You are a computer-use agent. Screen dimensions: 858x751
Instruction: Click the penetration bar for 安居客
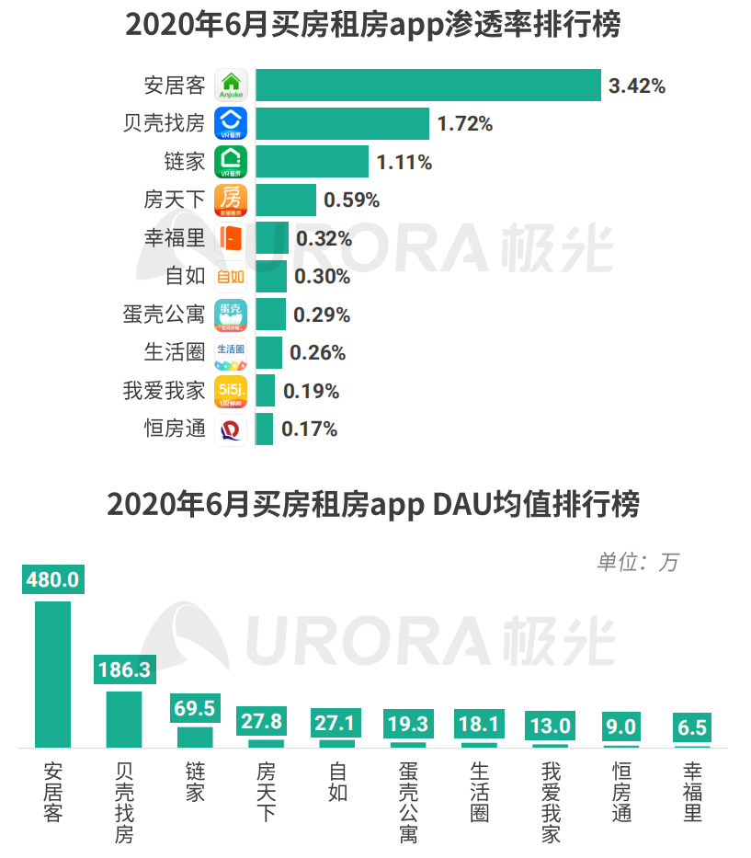427,86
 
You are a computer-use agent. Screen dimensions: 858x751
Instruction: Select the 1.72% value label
465,124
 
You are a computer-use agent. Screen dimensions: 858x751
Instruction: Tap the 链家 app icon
231,162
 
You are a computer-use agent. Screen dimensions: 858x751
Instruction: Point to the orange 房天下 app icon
231,200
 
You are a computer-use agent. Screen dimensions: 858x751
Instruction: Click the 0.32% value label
324,238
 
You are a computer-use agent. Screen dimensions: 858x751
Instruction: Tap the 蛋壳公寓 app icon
231,315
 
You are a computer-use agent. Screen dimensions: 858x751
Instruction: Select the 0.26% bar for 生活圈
268,352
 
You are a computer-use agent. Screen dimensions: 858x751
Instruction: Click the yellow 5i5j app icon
231,391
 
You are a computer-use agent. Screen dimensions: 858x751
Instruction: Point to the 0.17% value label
309,429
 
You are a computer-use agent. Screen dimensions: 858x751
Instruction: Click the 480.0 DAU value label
52,580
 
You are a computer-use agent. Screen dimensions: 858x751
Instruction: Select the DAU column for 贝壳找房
124,718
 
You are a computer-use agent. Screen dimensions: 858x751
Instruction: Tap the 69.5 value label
195,707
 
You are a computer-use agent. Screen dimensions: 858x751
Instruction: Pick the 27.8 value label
266,720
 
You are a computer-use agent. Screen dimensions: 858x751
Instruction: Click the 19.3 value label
408,724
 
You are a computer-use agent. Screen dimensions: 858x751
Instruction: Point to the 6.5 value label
692,727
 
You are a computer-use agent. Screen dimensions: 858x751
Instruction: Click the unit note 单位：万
637,562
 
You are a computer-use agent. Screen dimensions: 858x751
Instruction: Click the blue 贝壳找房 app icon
231,123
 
